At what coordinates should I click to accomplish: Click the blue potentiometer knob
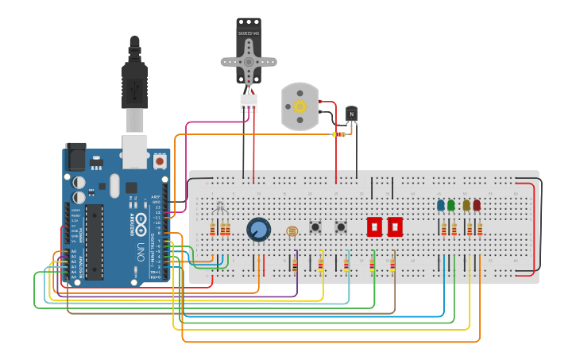tap(258, 230)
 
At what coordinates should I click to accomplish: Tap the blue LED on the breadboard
tap(441, 205)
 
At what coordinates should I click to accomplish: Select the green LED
tap(451, 205)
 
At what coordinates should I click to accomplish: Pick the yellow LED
tap(466, 205)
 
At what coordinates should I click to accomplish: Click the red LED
tap(477, 205)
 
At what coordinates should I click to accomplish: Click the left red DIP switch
tap(374, 226)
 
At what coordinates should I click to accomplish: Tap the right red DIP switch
tap(394, 226)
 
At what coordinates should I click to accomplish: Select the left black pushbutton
tap(315, 226)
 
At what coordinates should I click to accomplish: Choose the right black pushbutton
tap(341, 226)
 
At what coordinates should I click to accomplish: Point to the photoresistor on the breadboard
tap(292, 231)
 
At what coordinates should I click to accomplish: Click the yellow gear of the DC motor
tap(300, 106)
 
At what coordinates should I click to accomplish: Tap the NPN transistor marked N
tap(351, 114)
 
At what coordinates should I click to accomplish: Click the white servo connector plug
tap(249, 103)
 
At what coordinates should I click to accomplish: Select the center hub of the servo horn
tap(249, 61)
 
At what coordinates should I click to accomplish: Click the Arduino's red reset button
tap(160, 161)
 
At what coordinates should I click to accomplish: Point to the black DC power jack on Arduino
tap(75, 156)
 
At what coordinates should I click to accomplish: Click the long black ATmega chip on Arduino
tap(95, 242)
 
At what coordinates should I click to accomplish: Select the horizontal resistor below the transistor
tap(340, 134)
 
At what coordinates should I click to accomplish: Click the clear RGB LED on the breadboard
tap(220, 208)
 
